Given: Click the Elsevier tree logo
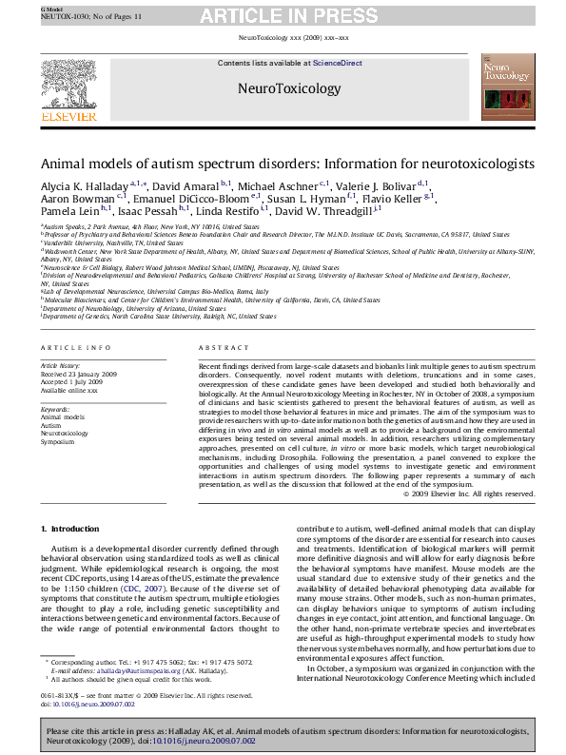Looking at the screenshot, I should click(x=68, y=87).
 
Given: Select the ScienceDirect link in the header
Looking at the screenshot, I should click(x=338, y=63).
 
